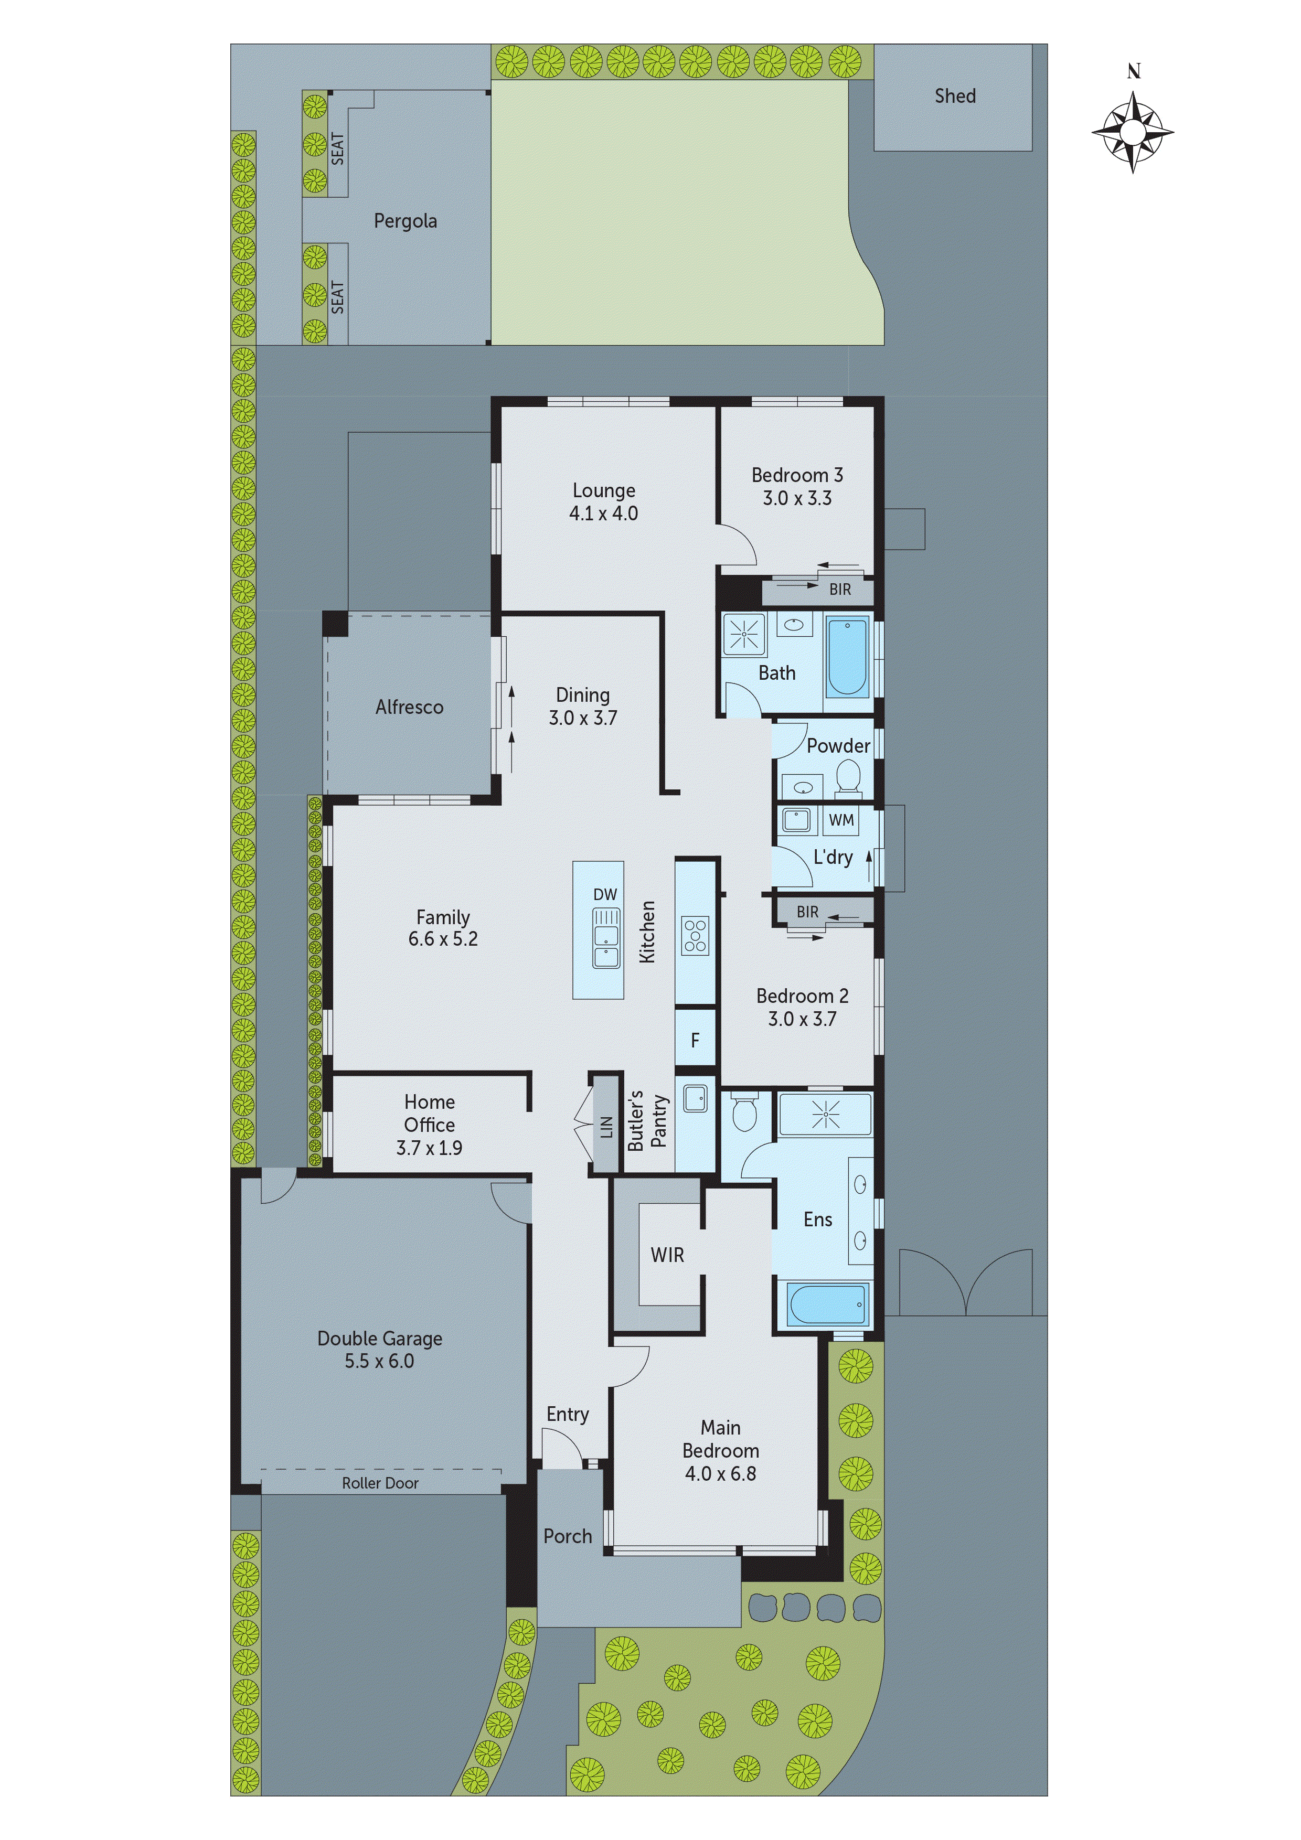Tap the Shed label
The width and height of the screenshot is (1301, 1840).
click(955, 96)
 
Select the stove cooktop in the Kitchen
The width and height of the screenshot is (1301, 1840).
click(695, 935)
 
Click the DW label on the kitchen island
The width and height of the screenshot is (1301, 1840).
click(605, 894)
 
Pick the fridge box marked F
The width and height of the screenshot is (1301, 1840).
click(695, 1040)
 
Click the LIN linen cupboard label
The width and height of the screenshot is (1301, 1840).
click(606, 1126)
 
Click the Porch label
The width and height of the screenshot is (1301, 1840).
click(568, 1536)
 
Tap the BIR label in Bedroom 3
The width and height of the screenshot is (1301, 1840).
click(839, 590)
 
